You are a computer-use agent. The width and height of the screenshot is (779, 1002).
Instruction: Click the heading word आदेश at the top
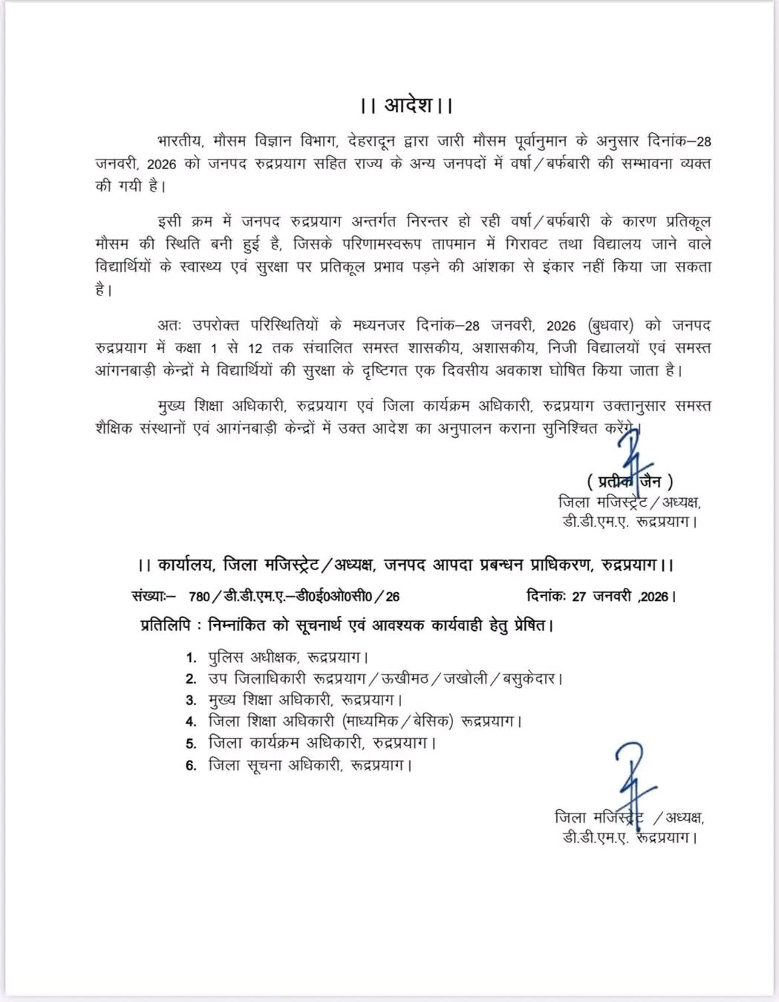coord(408,105)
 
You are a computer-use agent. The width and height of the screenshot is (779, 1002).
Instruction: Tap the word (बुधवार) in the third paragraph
coord(610,325)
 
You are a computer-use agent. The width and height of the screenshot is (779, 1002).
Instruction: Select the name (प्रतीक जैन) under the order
coord(630,481)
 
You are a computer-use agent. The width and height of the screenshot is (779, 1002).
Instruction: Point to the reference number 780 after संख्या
coord(200,596)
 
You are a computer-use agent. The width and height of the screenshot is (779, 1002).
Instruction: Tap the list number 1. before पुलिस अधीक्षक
coord(191,657)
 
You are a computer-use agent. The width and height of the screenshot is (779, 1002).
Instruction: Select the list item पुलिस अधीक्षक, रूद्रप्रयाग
coord(289,657)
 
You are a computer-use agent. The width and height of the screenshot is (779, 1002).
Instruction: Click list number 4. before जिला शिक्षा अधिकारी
coord(191,721)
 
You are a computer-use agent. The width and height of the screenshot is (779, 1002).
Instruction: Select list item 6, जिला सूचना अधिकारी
coord(309,764)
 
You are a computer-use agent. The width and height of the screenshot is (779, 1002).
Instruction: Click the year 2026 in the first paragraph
coord(162,163)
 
